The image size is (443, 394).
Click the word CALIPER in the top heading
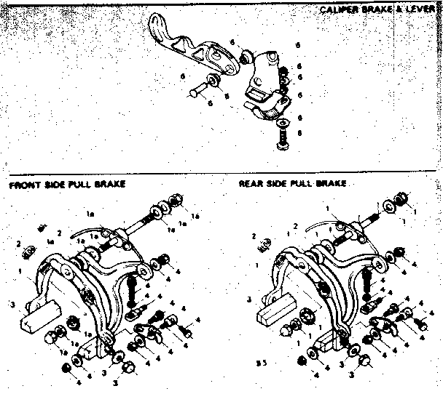[x=337, y=12]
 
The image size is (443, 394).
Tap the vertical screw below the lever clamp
[x=283, y=137]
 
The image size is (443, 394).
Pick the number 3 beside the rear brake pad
[x=249, y=299]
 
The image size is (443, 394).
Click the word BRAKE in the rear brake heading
[x=329, y=184]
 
